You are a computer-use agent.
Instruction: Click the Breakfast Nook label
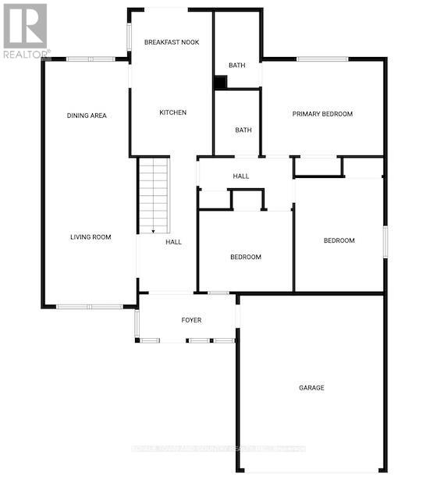click(x=172, y=41)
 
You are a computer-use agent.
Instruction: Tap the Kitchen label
click(x=172, y=113)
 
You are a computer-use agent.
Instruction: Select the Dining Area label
click(x=87, y=116)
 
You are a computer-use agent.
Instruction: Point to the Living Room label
click(x=91, y=237)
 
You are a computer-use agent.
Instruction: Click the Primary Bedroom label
click(x=322, y=114)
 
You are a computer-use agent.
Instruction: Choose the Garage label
click(x=311, y=388)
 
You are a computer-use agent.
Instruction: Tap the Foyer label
click(x=191, y=320)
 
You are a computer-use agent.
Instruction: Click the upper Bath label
click(x=237, y=66)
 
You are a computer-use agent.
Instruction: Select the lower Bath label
click(x=243, y=130)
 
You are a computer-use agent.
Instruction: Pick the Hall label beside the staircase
click(x=173, y=242)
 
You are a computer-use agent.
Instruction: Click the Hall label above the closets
click(x=241, y=176)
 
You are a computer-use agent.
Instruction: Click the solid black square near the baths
click(x=221, y=82)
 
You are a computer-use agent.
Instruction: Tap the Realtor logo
click(x=25, y=30)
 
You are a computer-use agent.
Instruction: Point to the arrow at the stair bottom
click(x=154, y=229)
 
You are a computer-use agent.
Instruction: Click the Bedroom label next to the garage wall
click(x=245, y=257)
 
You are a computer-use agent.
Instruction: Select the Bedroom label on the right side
click(x=339, y=240)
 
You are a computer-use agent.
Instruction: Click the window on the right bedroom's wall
click(x=385, y=240)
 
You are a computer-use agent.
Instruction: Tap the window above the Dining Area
click(x=91, y=59)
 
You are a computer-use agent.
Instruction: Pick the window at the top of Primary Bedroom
click(x=322, y=59)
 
